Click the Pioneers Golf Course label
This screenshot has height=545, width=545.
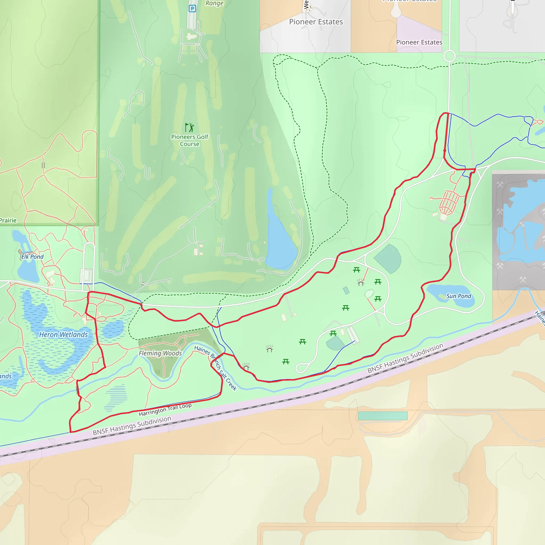pyautogui.click(x=189, y=140)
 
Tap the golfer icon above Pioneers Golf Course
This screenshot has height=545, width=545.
pyautogui.click(x=189, y=127)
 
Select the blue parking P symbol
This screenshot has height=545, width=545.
pyautogui.click(x=192, y=9)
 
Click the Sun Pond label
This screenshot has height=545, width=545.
pyautogui.click(x=459, y=296)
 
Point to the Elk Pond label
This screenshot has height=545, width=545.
pyautogui.click(x=32, y=257)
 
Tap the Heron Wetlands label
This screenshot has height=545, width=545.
pyautogui.click(x=64, y=335)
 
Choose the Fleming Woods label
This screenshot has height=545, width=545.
pyautogui.click(x=160, y=353)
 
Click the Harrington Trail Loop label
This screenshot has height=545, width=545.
pyautogui.click(x=165, y=410)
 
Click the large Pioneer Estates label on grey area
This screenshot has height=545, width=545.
pyautogui.click(x=316, y=22)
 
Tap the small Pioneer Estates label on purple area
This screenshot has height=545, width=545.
pyautogui.click(x=419, y=42)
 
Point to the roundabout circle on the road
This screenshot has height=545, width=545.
pyautogui.click(x=449, y=56)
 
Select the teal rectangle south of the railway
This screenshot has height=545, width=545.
pyautogui.click(x=382, y=415)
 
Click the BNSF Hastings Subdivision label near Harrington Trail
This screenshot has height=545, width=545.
pyautogui.click(x=132, y=426)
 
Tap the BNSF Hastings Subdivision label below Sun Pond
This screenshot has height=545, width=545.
pyautogui.click(x=405, y=358)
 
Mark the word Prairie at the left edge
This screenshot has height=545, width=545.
pyautogui.click(x=8, y=220)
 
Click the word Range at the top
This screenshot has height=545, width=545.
pyautogui.click(x=214, y=3)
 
